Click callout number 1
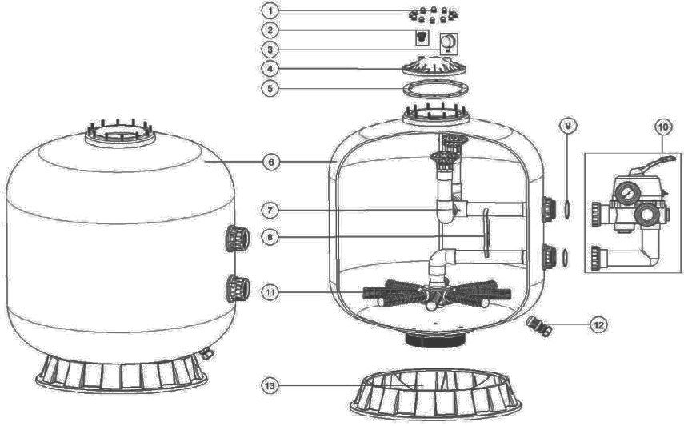pos(270,11)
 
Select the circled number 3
pos(270,50)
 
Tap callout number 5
pos(270,89)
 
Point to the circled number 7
pos(270,211)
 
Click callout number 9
pos(567,127)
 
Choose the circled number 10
pos(662,127)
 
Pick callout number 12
pos(598,325)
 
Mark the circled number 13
pos(270,385)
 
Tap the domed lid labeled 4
pos(434,66)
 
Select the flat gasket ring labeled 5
pos(436,89)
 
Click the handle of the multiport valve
pos(662,160)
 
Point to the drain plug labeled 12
pos(539,326)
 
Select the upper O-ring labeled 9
pos(566,209)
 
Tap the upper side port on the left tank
pos(238,239)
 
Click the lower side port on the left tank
pos(238,288)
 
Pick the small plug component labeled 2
pos(422,38)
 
